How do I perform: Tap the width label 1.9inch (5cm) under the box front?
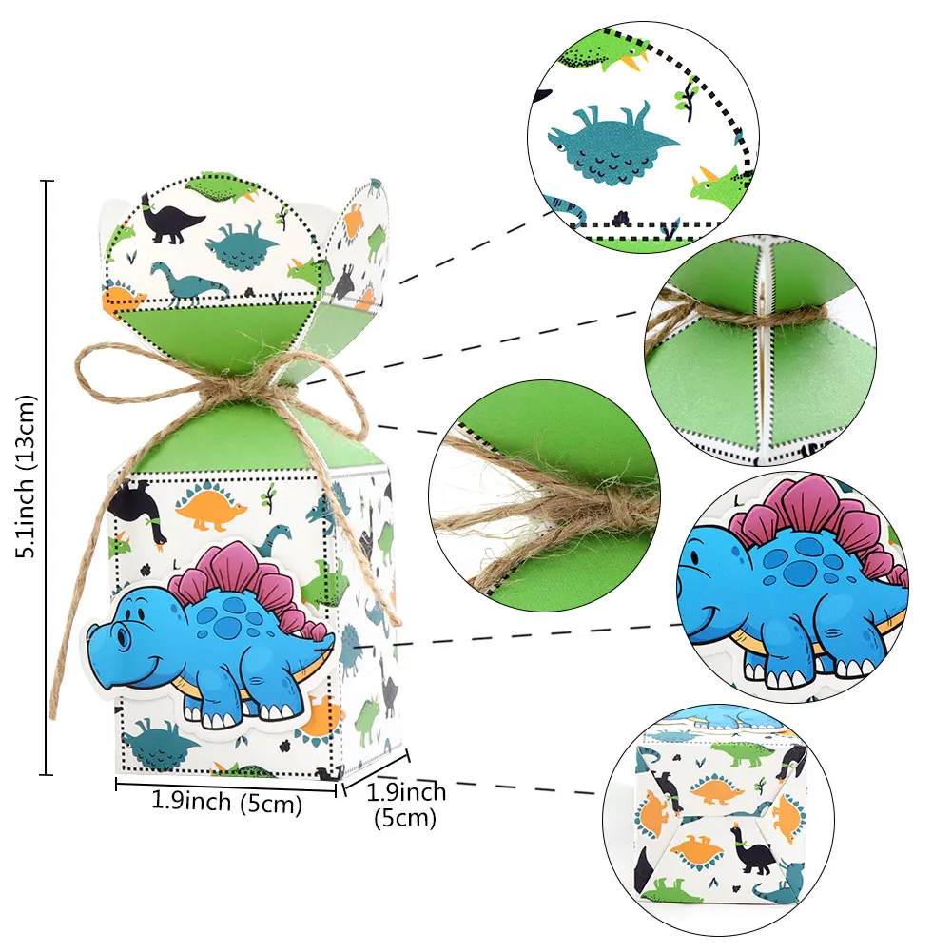tap(226, 802)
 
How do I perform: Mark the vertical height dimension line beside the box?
tap(49, 476)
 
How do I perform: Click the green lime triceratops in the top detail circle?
tap(716, 182)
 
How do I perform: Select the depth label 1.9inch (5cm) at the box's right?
tap(405, 804)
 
